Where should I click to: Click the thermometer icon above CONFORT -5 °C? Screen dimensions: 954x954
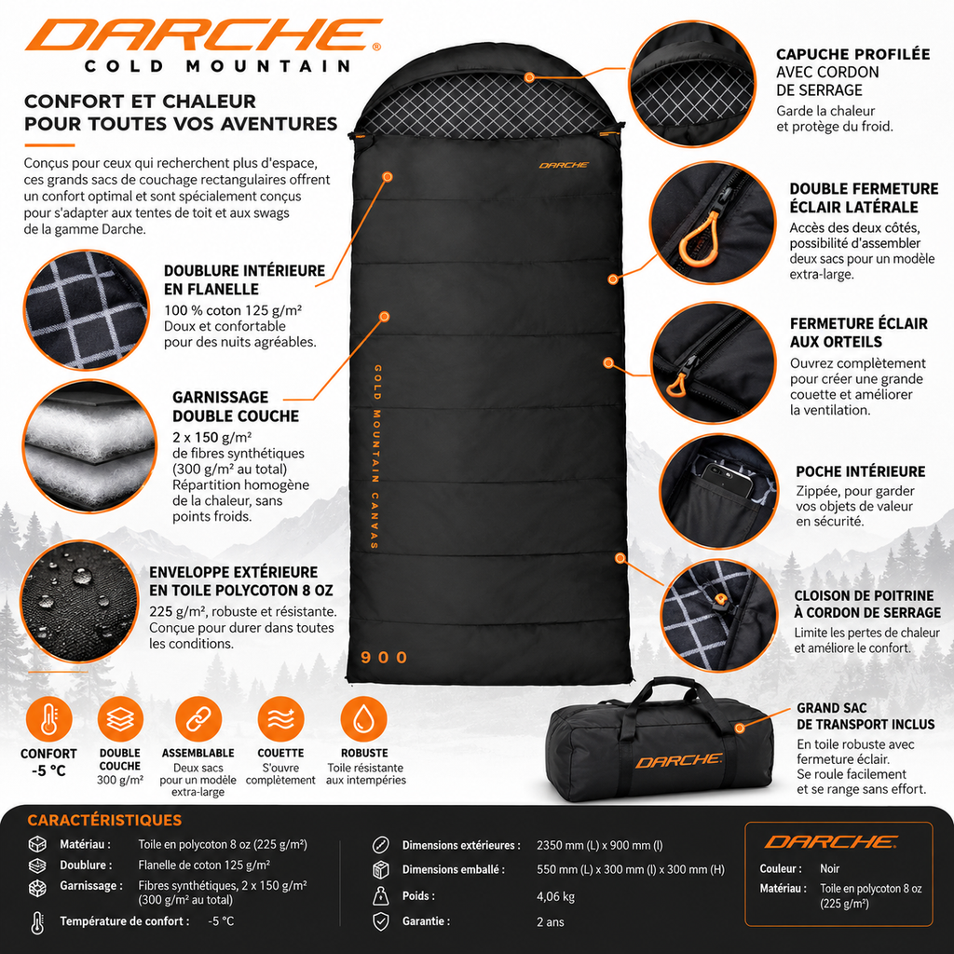48,720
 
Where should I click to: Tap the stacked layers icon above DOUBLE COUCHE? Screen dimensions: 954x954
120,720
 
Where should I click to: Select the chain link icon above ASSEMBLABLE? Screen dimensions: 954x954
198,720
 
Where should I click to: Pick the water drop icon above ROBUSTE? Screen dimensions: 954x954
364,720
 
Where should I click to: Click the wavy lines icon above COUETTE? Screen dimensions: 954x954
280,720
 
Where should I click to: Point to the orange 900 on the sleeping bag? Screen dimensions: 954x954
384,657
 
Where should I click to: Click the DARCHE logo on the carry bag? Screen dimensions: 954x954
679,760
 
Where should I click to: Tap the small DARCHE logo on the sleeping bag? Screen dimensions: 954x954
564,165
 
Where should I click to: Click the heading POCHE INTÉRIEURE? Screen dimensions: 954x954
860,471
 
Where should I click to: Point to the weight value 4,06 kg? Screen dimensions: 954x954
555,896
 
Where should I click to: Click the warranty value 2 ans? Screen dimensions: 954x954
550,921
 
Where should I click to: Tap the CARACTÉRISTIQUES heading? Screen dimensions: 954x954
104,820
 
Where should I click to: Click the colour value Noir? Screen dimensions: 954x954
829,869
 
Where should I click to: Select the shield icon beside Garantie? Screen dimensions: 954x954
381,921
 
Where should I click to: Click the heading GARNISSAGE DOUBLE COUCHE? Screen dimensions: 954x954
236,406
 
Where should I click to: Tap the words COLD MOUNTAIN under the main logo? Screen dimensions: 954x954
217,66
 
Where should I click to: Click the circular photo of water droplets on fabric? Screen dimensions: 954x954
79,602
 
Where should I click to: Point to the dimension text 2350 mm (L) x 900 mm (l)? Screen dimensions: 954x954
599,845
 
